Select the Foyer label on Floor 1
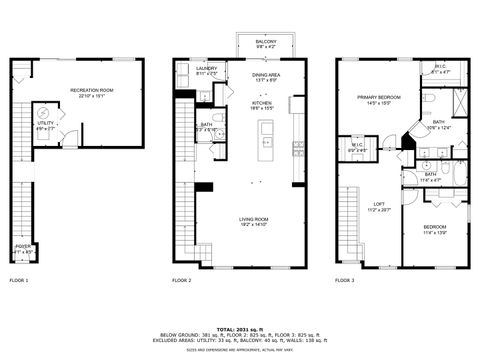(x=21, y=248)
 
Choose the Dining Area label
(x=266, y=76)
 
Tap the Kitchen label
(x=262, y=104)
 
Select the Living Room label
(x=253, y=222)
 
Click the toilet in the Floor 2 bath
(x=218, y=144)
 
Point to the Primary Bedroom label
(x=379, y=99)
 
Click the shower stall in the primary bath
(x=460, y=103)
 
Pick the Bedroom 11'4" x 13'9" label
(x=435, y=229)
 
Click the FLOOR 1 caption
(x=19, y=281)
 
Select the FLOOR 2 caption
(x=181, y=281)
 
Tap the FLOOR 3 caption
(x=345, y=281)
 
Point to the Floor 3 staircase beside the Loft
(x=347, y=225)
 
